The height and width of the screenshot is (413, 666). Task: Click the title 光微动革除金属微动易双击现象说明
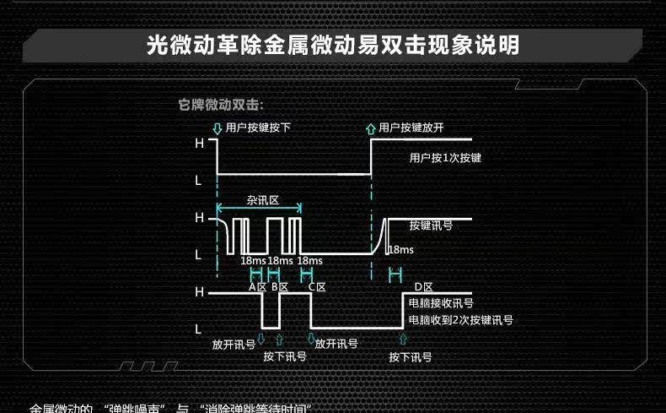pyautogui.click(x=332, y=44)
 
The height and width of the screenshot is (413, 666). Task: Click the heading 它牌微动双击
pyautogui.click(x=222, y=106)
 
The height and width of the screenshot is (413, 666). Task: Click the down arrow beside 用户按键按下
pyautogui.click(x=218, y=129)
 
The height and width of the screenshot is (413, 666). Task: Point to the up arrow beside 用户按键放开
pyautogui.click(x=371, y=129)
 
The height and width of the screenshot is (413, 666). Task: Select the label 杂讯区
pyautogui.click(x=263, y=201)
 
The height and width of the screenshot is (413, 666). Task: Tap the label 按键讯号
pyautogui.click(x=431, y=226)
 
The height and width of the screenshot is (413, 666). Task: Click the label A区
pyautogui.click(x=257, y=287)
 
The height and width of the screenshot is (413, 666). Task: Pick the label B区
pyautogui.click(x=280, y=287)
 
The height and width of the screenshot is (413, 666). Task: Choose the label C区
pyautogui.click(x=317, y=287)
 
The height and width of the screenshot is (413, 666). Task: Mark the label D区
pyautogui.click(x=423, y=287)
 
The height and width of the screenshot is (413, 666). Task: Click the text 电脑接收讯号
pyautogui.click(x=440, y=303)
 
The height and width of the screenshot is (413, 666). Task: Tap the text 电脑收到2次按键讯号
pyautogui.click(x=460, y=320)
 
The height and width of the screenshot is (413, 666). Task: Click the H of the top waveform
pyautogui.click(x=199, y=144)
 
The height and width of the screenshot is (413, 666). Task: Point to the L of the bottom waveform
pyautogui.click(x=199, y=328)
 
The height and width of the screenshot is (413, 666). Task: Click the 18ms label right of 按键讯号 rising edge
pyautogui.click(x=400, y=250)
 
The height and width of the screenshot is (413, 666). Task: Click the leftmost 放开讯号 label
pyautogui.click(x=234, y=345)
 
